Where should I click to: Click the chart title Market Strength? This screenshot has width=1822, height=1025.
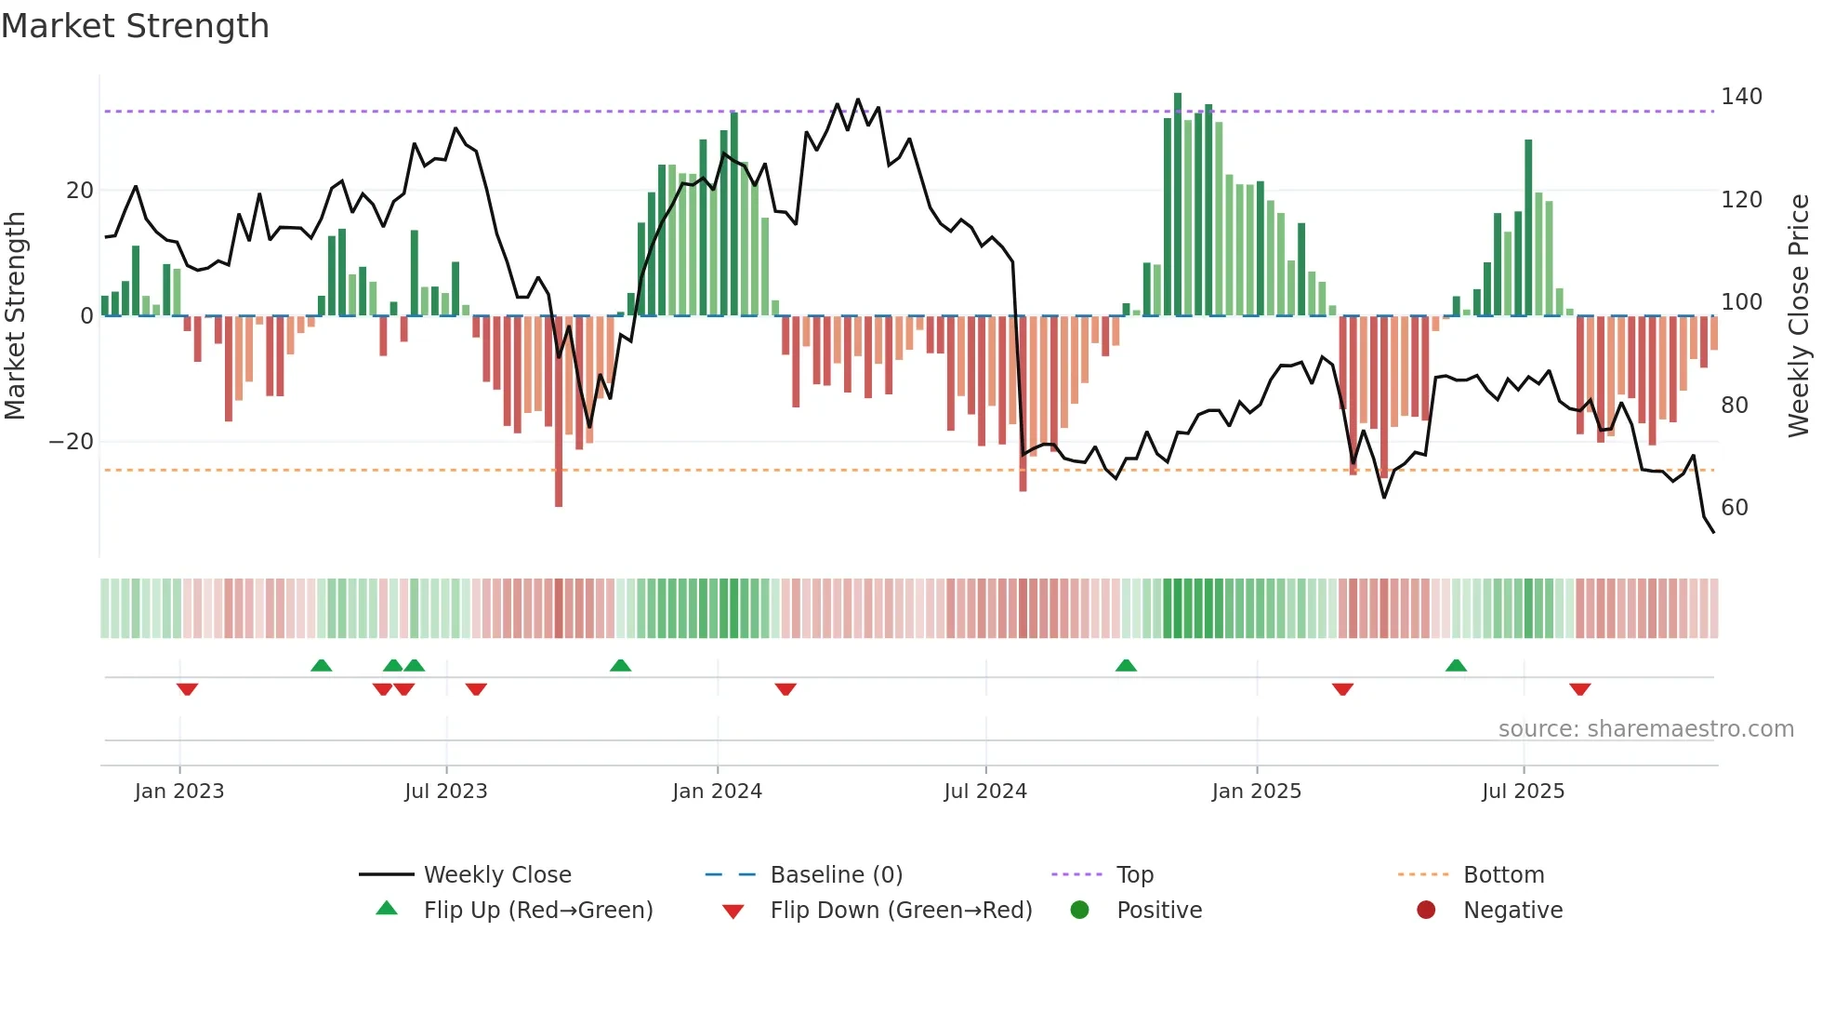[x=135, y=26]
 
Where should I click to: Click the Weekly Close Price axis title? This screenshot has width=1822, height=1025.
[x=1800, y=316]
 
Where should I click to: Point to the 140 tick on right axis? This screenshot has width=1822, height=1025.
[x=1740, y=97]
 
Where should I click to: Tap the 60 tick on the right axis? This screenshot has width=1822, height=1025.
[x=1734, y=508]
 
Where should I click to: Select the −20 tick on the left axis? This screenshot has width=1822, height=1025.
[x=71, y=442]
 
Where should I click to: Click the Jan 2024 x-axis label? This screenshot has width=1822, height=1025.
[x=717, y=792]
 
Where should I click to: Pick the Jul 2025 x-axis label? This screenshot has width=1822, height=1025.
[x=1523, y=792]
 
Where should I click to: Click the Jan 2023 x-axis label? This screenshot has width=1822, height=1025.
[x=179, y=792]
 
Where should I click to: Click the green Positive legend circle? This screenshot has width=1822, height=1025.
[x=1079, y=911]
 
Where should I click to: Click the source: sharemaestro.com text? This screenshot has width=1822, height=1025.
[x=1645, y=729]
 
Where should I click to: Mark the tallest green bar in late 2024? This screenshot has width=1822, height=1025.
[x=1178, y=205]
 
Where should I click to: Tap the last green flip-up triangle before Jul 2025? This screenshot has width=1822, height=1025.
[x=1456, y=666]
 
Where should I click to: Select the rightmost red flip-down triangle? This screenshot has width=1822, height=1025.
[x=1579, y=689]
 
